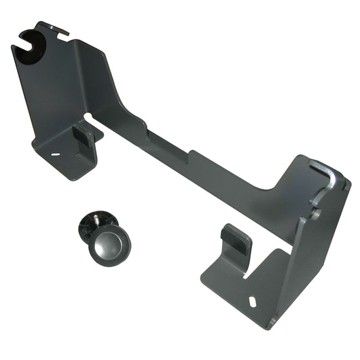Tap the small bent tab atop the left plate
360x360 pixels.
tap(58, 28)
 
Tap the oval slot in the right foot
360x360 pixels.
tap(253, 301)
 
